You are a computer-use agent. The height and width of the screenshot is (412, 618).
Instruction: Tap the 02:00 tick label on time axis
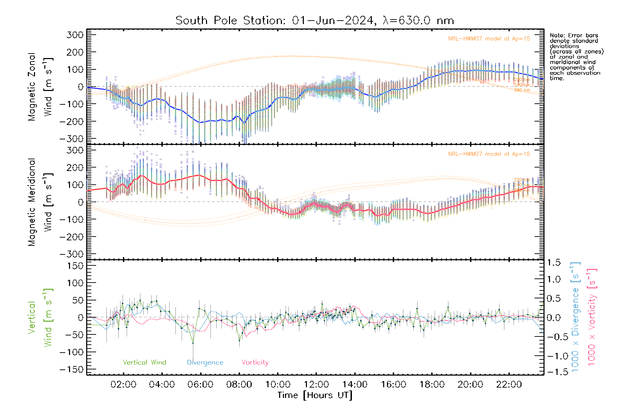(123, 385)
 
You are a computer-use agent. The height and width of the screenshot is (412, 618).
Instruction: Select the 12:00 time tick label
(316, 385)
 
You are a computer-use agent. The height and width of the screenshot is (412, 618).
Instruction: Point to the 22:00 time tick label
(509, 385)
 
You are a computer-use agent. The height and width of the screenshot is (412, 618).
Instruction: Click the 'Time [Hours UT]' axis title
(315, 395)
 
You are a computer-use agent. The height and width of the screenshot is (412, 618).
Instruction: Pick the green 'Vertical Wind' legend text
(144, 362)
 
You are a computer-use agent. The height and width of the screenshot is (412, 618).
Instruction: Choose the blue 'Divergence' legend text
(205, 363)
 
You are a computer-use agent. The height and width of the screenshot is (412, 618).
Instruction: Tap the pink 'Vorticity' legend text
(255, 362)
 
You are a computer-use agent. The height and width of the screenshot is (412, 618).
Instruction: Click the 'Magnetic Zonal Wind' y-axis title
(40, 87)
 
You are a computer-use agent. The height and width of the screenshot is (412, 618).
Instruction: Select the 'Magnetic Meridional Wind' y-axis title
(40, 202)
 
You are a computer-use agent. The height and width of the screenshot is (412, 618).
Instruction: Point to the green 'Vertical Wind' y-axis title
(40, 318)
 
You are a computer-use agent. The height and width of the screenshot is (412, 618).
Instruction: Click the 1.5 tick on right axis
(553, 263)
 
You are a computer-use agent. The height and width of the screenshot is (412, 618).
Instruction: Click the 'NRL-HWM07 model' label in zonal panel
(489, 39)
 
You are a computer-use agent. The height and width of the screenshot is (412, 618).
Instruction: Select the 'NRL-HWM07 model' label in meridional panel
(489, 154)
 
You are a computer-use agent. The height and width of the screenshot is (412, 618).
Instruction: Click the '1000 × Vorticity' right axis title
(592, 317)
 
